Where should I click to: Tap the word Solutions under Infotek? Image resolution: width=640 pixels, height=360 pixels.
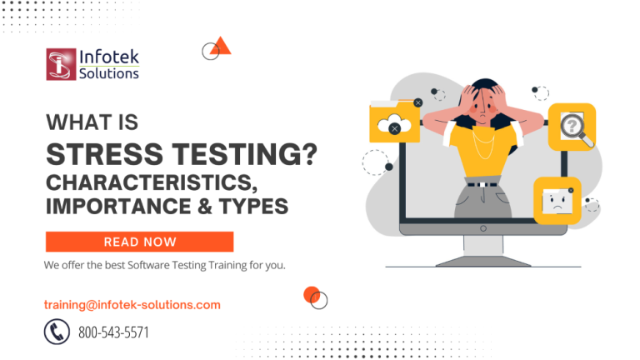point(109,73)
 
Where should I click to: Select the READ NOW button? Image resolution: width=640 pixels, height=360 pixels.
point(139,242)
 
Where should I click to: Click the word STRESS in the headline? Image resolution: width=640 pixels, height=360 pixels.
point(97,155)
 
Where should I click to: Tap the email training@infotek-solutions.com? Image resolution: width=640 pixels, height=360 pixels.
point(132,305)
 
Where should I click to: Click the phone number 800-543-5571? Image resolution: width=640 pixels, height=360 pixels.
point(113,332)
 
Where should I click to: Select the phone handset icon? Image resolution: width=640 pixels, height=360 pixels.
point(56,332)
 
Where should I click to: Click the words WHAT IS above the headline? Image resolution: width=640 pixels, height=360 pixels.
point(92,122)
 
